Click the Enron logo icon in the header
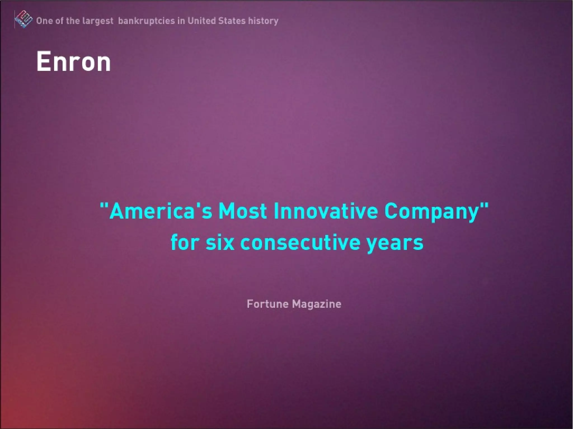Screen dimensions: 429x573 23,20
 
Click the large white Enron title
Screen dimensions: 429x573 74,62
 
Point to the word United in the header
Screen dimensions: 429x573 201,21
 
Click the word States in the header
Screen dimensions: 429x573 232,21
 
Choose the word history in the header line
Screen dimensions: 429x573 263,21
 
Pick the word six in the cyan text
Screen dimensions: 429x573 220,242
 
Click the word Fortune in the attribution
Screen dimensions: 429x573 267,304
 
